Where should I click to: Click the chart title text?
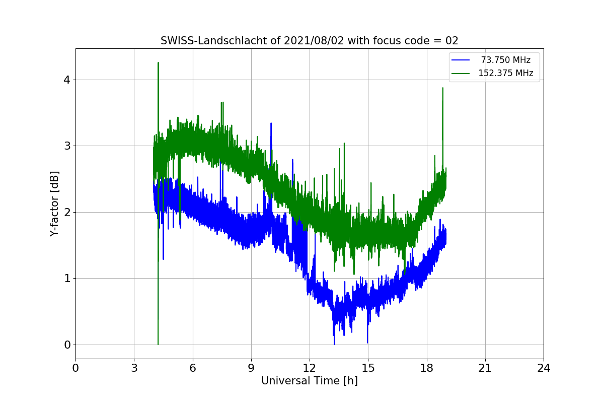click(x=309, y=41)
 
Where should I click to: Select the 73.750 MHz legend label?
click(x=505, y=60)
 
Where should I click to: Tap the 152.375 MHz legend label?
click(x=505, y=73)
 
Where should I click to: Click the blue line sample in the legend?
click(x=461, y=60)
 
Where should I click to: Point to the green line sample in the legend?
click(x=461, y=73)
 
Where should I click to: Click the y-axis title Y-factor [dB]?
click(x=54, y=204)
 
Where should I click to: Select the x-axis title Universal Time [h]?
click(x=309, y=381)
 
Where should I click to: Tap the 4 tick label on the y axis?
click(x=67, y=80)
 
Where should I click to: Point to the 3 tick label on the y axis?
click(x=67, y=146)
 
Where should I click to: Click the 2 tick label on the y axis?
click(x=67, y=212)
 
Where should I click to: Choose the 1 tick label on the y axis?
click(x=67, y=279)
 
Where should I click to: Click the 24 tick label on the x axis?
click(x=543, y=368)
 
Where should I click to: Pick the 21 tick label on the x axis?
click(x=485, y=368)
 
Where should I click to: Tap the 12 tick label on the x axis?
click(x=309, y=368)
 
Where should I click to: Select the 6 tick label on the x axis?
click(x=192, y=368)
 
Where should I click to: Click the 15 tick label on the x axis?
click(x=368, y=368)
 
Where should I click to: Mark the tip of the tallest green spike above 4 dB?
click(x=158, y=63)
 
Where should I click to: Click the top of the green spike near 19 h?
click(x=442, y=88)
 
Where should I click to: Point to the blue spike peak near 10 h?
click(x=271, y=123)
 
